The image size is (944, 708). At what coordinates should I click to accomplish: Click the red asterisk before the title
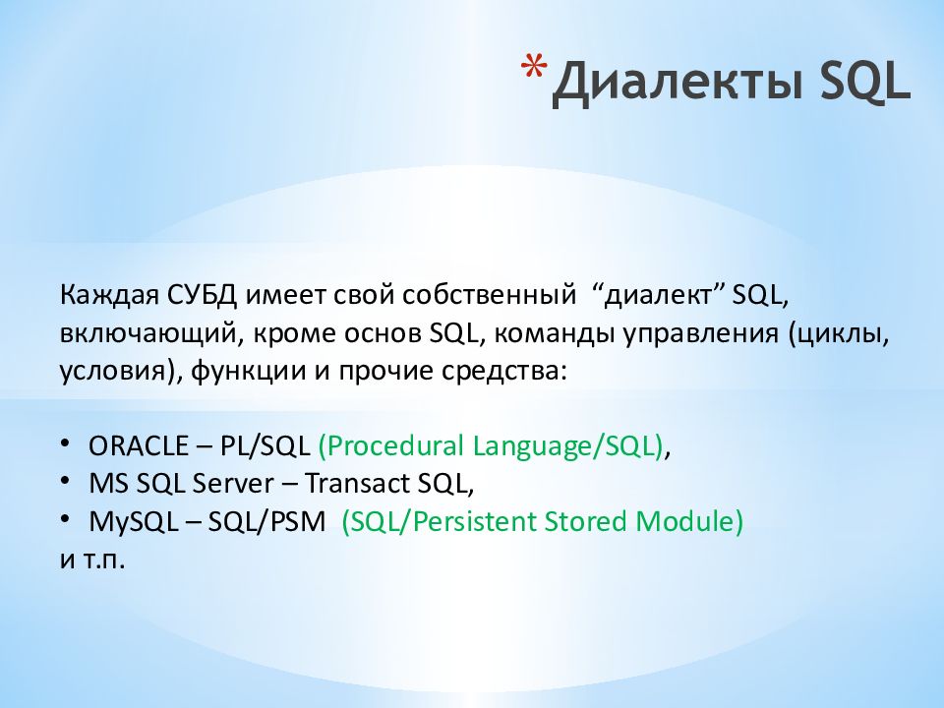coord(534,66)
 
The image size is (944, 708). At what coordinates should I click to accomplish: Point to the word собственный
coord(489,296)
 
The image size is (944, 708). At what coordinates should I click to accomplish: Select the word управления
coord(701,334)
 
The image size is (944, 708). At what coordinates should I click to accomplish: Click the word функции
coord(248,372)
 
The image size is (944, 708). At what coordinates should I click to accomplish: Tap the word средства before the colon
coord(501,371)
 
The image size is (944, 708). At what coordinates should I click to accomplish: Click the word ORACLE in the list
coord(139,446)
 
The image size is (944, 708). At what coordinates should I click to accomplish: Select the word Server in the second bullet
coord(232,484)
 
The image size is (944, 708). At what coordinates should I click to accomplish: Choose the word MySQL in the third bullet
coord(133,522)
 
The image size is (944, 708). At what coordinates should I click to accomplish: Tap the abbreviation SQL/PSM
coord(266,521)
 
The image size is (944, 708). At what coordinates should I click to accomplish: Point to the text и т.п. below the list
coord(92,560)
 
